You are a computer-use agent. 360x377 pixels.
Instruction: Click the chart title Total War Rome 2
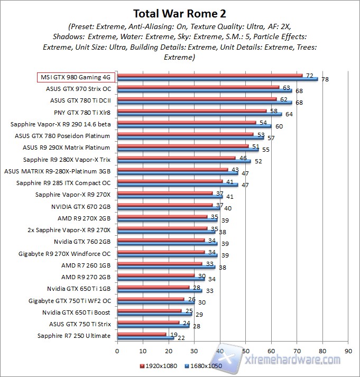(180, 13)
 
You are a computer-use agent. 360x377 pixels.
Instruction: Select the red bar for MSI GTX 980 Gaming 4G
(209, 75)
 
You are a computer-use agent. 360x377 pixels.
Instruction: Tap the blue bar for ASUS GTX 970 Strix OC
(204, 90)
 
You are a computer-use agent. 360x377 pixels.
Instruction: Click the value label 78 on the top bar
(325, 79)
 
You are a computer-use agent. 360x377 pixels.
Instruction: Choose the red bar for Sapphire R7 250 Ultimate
(141, 334)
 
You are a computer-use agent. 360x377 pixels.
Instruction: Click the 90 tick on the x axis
(348, 350)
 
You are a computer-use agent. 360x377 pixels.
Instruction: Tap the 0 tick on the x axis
(117, 350)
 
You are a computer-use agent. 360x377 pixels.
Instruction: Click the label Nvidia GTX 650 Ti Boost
(76, 312)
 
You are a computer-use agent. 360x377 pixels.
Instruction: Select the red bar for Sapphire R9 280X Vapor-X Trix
(176, 158)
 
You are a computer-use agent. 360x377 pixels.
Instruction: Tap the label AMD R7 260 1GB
(86, 265)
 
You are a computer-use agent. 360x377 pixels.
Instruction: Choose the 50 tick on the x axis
(245, 350)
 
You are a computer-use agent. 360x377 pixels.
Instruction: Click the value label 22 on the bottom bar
(181, 338)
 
